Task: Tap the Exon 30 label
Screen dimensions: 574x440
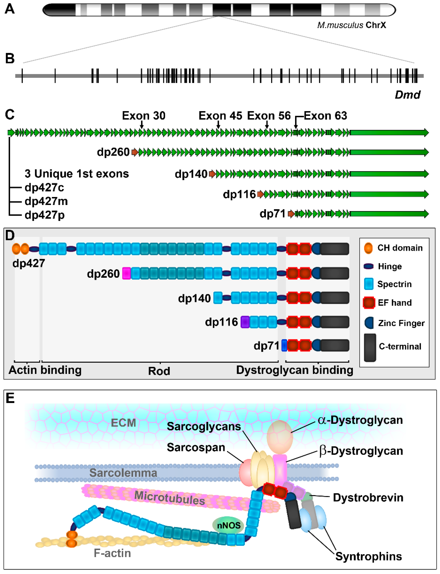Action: click(x=144, y=116)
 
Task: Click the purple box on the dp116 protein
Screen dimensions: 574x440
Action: click(x=245, y=322)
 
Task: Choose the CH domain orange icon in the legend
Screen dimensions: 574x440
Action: click(x=368, y=248)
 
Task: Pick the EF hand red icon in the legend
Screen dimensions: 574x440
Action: click(x=369, y=303)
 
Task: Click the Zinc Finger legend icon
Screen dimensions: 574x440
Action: click(x=369, y=323)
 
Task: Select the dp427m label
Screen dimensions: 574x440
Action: click(x=46, y=201)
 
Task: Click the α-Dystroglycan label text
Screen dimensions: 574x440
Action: click(x=360, y=420)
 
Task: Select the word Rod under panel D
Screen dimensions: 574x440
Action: click(x=159, y=371)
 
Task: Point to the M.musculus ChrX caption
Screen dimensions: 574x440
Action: click(x=352, y=25)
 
